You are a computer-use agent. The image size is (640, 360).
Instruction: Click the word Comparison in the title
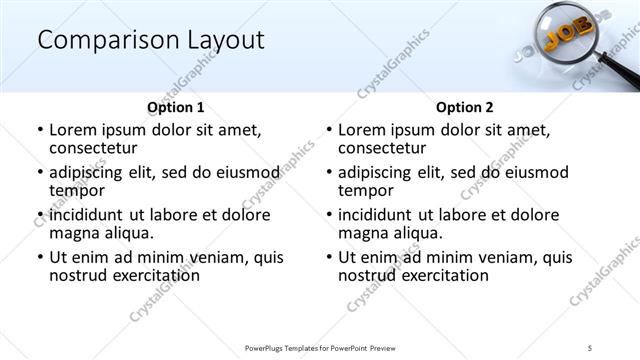100,40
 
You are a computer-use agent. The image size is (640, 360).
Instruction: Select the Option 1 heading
175,107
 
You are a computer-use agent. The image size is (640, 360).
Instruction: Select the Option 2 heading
464,107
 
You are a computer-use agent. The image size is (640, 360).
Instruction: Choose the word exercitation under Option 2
441,275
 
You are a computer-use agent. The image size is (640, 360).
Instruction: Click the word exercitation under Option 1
152,275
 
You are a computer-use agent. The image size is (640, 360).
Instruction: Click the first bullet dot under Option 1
39,131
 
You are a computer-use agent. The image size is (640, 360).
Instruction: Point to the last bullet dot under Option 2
328,257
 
